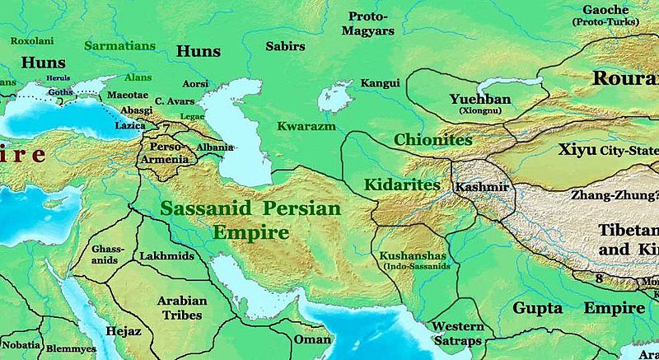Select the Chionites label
(x=432, y=140)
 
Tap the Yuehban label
(x=480, y=100)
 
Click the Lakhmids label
(x=167, y=256)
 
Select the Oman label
(x=313, y=339)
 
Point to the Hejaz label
(x=124, y=331)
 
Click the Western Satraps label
(x=457, y=334)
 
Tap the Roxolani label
(x=32, y=39)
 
